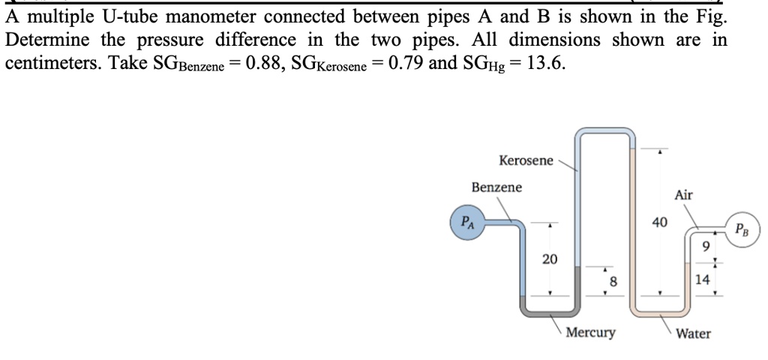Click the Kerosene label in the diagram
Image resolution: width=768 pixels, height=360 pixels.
click(526, 160)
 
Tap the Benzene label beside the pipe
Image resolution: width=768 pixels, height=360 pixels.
click(496, 187)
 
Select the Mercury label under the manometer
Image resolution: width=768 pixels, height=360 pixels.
click(590, 332)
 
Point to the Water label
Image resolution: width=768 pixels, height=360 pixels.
click(693, 333)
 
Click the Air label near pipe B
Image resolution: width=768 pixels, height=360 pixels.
click(683, 195)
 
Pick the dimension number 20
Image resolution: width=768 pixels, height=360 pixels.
click(550, 259)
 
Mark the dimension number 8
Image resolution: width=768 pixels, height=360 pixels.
click(613, 281)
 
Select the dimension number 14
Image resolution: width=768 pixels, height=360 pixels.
click(703, 280)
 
